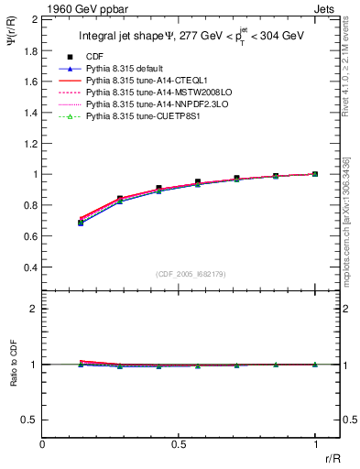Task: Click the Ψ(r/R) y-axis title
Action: click(x=11, y=38)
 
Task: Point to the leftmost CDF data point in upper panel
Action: click(x=82, y=222)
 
